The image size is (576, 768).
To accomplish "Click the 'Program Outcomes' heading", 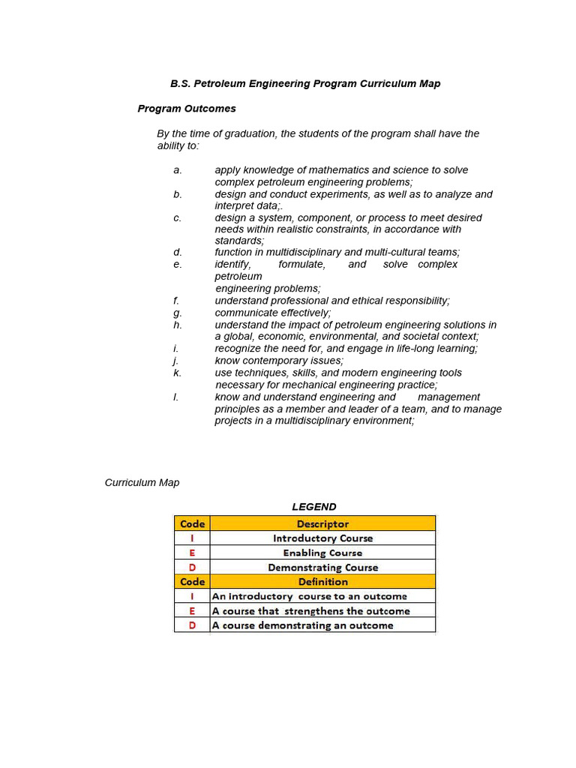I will click(x=187, y=109).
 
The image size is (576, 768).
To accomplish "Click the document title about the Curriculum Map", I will click(x=305, y=83).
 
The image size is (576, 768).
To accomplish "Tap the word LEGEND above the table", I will click(x=314, y=507).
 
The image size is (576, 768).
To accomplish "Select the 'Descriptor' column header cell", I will click(x=322, y=524).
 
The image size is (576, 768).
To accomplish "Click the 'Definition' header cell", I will click(x=322, y=582).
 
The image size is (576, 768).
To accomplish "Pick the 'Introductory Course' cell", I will click(x=322, y=538).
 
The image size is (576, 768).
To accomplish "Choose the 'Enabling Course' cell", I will click(x=322, y=553).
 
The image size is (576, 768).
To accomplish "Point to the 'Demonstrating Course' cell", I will click(x=322, y=568).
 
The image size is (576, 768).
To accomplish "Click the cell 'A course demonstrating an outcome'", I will click(x=303, y=625).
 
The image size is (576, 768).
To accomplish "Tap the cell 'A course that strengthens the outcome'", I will click(x=311, y=611).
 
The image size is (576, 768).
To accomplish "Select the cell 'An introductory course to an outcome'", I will click(x=310, y=596).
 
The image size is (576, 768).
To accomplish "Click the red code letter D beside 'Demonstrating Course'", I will click(x=192, y=568).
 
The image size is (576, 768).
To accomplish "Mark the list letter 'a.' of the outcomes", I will click(x=178, y=170).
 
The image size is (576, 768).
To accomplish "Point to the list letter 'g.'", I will click(x=178, y=313).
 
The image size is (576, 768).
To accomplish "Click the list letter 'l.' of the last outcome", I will click(x=176, y=397).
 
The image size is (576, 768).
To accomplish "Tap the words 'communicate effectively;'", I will click(x=273, y=313).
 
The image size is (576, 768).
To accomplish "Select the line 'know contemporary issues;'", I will click(x=279, y=361).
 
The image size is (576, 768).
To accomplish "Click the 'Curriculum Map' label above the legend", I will click(x=142, y=483).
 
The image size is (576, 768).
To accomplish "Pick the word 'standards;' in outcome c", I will click(x=239, y=241).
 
